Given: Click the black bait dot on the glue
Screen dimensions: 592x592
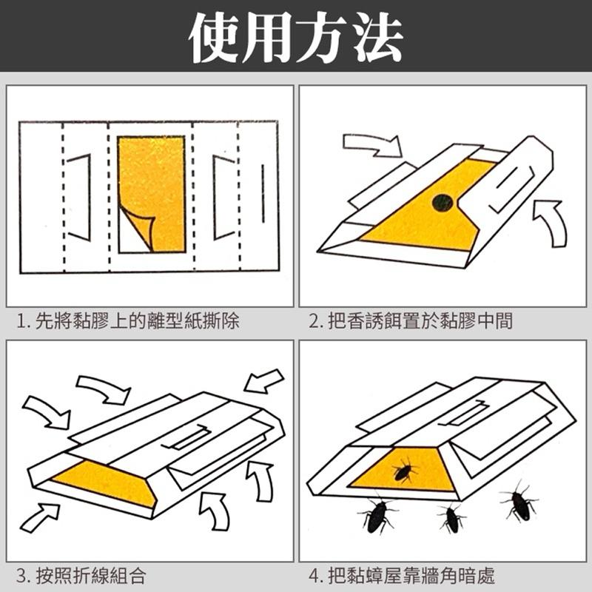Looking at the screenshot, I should (x=443, y=200).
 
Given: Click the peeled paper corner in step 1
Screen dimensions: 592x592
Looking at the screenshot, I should (x=139, y=226).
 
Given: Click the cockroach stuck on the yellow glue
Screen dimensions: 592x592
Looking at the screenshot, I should (x=404, y=471).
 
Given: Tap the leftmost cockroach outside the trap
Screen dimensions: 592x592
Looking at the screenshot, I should (x=377, y=514).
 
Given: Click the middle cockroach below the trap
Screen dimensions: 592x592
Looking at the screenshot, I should (x=451, y=518).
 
